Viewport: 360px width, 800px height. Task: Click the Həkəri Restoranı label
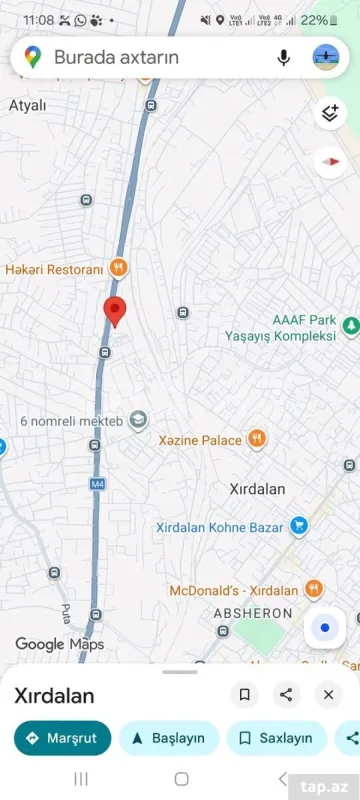[54, 269]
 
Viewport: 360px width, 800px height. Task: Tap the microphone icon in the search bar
[283, 58]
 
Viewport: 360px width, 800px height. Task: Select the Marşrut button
[62, 738]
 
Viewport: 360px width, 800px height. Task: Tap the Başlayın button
[169, 738]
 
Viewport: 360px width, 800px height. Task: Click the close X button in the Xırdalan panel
[328, 694]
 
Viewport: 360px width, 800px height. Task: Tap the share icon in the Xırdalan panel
[286, 694]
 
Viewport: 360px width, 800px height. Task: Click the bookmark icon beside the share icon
[244, 694]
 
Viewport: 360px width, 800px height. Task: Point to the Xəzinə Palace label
[200, 440]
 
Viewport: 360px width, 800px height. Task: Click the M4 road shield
[97, 484]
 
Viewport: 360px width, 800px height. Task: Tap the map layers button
[329, 113]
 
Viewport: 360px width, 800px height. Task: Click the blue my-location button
[324, 628]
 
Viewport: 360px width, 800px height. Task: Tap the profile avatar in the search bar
[326, 58]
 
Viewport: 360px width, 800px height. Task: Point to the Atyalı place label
[28, 104]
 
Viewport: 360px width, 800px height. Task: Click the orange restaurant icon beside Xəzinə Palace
[257, 438]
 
